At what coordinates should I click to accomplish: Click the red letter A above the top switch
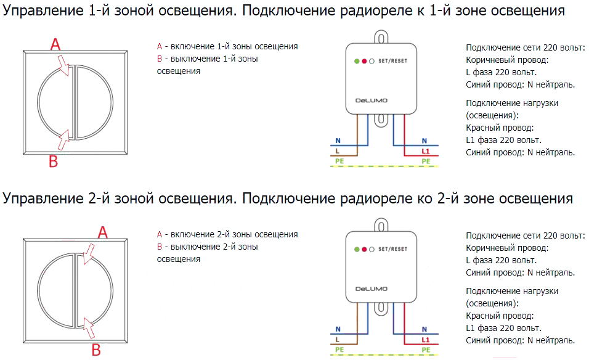pyautogui.click(x=55, y=44)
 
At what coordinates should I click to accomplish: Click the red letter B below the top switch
pyautogui.click(x=54, y=162)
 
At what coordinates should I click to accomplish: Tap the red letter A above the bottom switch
pyautogui.click(x=102, y=232)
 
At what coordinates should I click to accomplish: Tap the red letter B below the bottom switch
pyautogui.click(x=96, y=350)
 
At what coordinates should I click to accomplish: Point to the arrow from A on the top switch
pyautogui.click(x=63, y=65)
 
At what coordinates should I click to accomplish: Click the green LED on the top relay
pyautogui.click(x=357, y=61)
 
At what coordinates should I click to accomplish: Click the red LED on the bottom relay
pyautogui.click(x=364, y=249)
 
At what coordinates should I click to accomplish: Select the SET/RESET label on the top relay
pyautogui.click(x=392, y=61)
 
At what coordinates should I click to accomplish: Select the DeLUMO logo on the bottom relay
pyautogui.click(x=371, y=288)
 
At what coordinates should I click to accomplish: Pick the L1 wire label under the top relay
pyautogui.click(x=425, y=151)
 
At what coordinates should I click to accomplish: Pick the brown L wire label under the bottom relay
pyautogui.click(x=338, y=339)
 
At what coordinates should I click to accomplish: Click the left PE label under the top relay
pyautogui.click(x=339, y=161)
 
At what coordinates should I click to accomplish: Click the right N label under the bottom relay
pyautogui.click(x=424, y=329)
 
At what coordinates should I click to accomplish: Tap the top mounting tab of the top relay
pyautogui.click(x=381, y=37)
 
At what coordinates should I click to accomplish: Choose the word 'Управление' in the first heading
pyautogui.click(x=43, y=11)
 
